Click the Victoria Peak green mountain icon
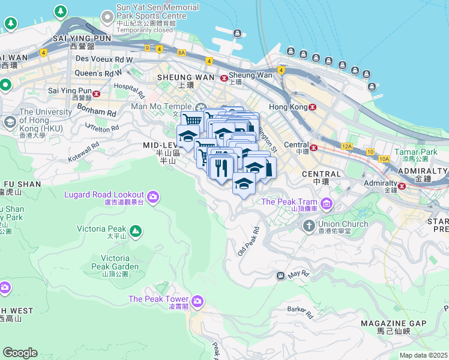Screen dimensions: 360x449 click(x=136, y=230)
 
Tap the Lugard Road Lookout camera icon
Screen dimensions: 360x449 click(x=153, y=196)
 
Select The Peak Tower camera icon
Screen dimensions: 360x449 click(x=197, y=300)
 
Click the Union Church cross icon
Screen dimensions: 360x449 click(x=309, y=226)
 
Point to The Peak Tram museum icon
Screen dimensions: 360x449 click(x=326, y=203)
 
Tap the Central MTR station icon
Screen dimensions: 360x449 click(x=313, y=146)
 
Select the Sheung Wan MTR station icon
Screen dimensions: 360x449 click(x=224, y=78)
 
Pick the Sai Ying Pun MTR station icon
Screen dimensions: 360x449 click(x=96, y=94)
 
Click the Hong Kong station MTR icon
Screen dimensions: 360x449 click(x=312, y=107)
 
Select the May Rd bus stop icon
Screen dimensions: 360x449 click(x=280, y=276)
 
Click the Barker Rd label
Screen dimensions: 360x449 click(x=300, y=312)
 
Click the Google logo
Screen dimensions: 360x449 click(x=20, y=353)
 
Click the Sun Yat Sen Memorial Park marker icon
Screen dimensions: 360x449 click(x=107, y=15)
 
